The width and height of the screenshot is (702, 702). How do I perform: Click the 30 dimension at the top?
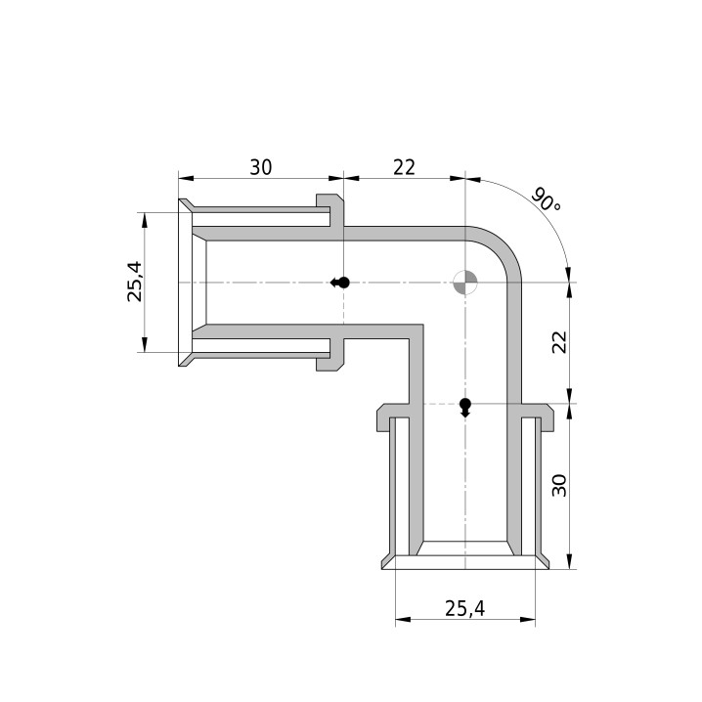pyautogui.click(x=261, y=167)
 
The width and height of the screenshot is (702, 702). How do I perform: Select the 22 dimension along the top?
pyautogui.click(x=404, y=167)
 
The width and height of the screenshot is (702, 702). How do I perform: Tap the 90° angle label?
pyautogui.click(x=546, y=200)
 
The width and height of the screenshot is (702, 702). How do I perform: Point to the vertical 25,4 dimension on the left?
pyautogui.click(x=134, y=282)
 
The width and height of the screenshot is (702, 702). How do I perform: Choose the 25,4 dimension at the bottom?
pyautogui.click(x=464, y=608)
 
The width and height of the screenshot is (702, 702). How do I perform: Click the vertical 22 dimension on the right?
pyautogui.click(x=559, y=342)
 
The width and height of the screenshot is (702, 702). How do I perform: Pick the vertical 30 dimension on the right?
pyautogui.click(x=559, y=485)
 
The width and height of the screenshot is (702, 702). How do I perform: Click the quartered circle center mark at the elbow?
pyautogui.click(x=465, y=283)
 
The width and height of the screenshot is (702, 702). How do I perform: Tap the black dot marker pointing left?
pyautogui.click(x=340, y=283)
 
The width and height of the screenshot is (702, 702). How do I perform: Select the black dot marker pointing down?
pyautogui.click(x=465, y=408)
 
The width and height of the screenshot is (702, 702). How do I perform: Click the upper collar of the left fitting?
pyautogui.click(x=330, y=210)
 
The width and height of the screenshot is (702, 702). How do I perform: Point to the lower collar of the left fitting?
pyautogui.click(x=330, y=355)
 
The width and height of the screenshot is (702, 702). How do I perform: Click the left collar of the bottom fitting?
pyautogui.click(x=393, y=417)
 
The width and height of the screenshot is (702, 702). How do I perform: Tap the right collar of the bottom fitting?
pyautogui.click(x=538, y=417)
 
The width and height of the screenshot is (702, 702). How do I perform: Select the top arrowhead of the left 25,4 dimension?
pyautogui.click(x=144, y=220)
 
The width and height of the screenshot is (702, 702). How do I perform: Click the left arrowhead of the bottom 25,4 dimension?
pyautogui.click(x=403, y=620)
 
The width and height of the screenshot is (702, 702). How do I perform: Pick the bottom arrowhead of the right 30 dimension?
pyautogui.click(x=569, y=561)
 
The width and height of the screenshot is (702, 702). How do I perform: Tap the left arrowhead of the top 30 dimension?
pyautogui.click(x=186, y=178)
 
